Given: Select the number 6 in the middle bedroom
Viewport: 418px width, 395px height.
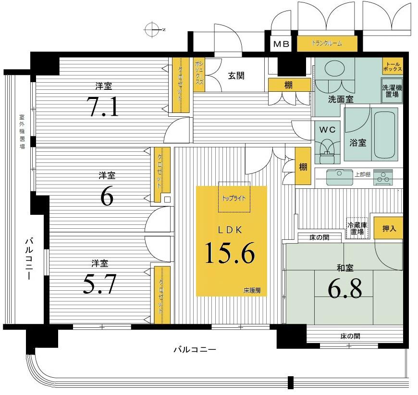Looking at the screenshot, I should (x=107, y=196).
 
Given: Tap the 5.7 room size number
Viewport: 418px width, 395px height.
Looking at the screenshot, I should (x=100, y=284).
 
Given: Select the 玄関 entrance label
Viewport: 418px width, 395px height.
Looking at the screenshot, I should (x=236, y=75).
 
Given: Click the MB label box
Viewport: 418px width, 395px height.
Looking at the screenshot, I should (x=282, y=44).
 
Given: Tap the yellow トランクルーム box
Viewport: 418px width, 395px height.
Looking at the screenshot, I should (x=327, y=44).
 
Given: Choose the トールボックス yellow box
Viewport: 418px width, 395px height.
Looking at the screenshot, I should (x=392, y=66).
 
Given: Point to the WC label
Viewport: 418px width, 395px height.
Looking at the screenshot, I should (x=327, y=129).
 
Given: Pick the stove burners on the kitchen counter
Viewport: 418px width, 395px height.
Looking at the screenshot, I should (x=383, y=177).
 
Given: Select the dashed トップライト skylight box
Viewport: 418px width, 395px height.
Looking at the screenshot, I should (x=234, y=197).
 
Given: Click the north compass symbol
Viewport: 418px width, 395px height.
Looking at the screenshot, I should (x=152, y=29).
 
